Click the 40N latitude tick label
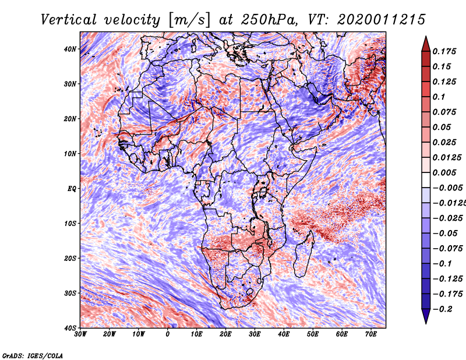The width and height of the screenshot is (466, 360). tap(70, 49)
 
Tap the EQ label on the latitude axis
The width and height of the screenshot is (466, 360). tap(72, 189)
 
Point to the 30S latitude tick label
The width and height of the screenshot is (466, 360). tap(70, 294)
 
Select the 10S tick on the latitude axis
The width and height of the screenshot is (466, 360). tap(70, 224)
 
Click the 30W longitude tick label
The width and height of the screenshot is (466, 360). tap(80, 334)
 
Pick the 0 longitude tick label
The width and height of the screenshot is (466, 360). tap(168, 334)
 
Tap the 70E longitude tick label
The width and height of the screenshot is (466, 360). tap(371, 334)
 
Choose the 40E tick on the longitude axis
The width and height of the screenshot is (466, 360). tap(284, 334)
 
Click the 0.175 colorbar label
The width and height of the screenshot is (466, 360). tap(444, 51)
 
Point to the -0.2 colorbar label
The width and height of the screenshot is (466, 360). tap(443, 309)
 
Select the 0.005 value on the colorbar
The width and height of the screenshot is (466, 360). tap(444, 172)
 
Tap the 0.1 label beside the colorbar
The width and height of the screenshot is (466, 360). tap(439, 97)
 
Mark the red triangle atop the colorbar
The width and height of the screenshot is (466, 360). tap(426, 44)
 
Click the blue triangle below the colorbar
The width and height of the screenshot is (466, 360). tap(426, 316)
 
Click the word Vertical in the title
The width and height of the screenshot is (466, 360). tap(69, 20)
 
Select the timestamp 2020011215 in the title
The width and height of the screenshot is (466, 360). tap(382, 20)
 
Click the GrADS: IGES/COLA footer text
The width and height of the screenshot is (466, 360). tap(33, 356)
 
